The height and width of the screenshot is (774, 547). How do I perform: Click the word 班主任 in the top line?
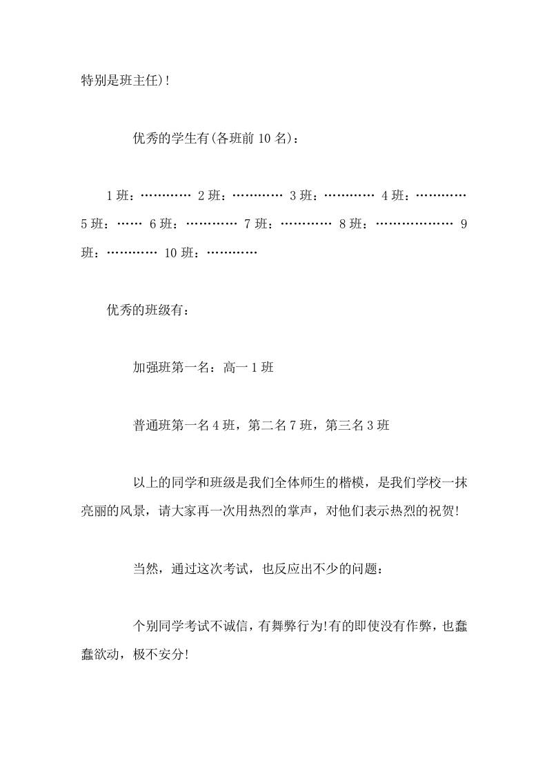143,81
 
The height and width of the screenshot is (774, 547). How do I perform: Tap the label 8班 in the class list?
352,224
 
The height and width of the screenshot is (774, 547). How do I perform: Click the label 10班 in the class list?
181,252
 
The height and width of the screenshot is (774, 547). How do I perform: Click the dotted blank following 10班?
232,252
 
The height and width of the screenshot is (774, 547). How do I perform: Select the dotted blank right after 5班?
130,224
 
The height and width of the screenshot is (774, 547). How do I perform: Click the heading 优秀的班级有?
146,310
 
